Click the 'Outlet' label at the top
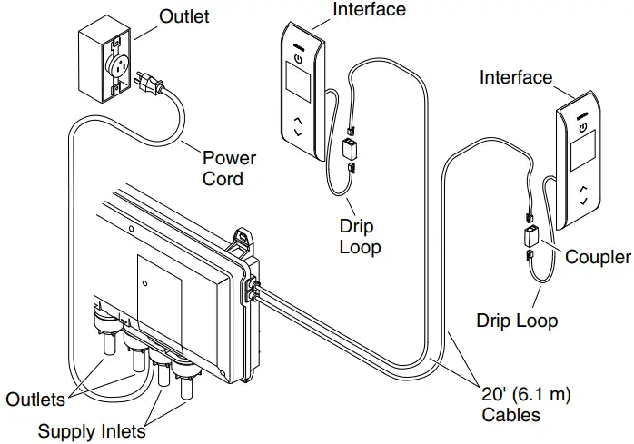pos(185,16)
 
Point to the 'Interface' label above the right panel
pos(515,78)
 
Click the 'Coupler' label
pos(597,258)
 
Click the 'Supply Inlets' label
pos(91,431)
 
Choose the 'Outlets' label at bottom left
pos(35,400)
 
